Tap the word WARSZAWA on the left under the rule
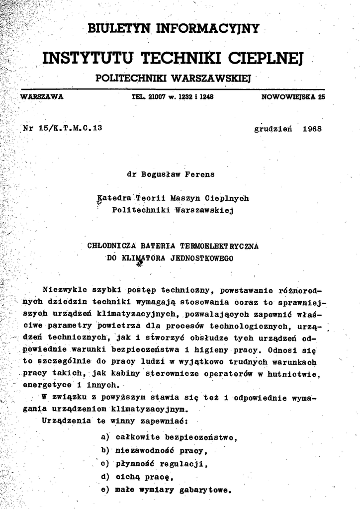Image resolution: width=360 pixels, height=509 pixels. [x=41, y=97]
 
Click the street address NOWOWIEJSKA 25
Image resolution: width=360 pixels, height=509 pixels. [x=293, y=97]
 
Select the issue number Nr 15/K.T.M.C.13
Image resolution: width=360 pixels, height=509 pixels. [x=62, y=128]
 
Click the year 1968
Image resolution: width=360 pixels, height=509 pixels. [x=312, y=128]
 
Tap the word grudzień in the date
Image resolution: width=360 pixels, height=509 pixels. [x=273, y=128]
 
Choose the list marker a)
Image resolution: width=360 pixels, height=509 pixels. [x=104, y=437]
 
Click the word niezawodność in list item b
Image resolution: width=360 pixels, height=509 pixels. [x=144, y=450]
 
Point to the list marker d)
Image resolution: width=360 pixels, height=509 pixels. [x=104, y=477]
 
